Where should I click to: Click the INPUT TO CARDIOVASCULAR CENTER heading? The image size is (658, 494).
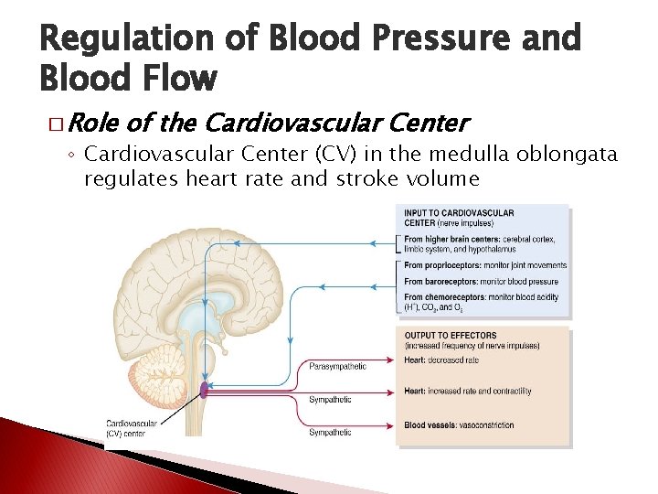pyautogui.click(x=459, y=218)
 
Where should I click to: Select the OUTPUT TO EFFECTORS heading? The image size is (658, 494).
pyautogui.click(x=451, y=336)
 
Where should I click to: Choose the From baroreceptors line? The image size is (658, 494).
pyautogui.click(x=480, y=281)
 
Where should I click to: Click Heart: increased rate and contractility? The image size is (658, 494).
pyautogui.click(x=468, y=392)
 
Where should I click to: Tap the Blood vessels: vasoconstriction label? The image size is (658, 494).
pyautogui.click(x=459, y=424)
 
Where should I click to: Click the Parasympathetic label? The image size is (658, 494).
pyautogui.click(x=337, y=367)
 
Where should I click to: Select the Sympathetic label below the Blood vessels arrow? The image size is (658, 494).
pyautogui.click(x=330, y=432)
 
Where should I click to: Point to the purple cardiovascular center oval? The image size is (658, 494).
pyautogui.click(x=205, y=392)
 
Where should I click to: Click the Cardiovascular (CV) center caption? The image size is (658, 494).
pyautogui.click(x=132, y=428)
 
